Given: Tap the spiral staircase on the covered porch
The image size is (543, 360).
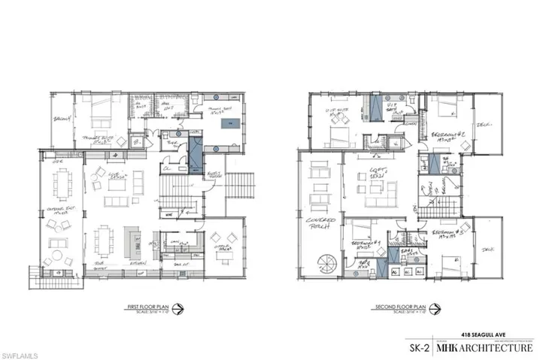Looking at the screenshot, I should (325, 265).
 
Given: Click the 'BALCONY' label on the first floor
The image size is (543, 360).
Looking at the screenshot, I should (61, 119).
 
